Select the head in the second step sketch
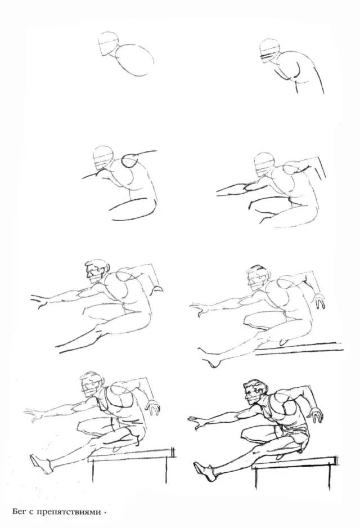(270, 51)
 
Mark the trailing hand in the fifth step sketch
(157, 288)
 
